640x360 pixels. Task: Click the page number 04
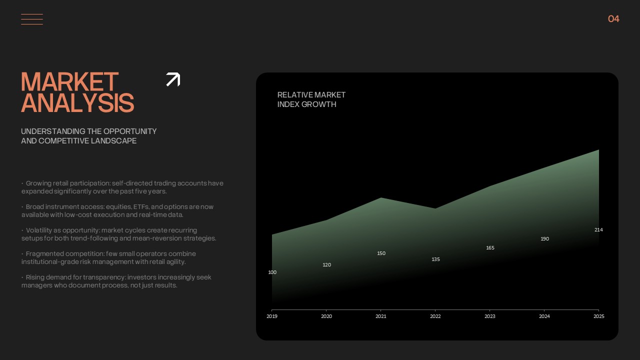[613, 19]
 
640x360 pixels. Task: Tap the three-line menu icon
[32, 19]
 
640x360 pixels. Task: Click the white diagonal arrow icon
[173, 79]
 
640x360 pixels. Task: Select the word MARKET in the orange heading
[69, 81]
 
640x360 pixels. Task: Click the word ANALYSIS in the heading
[77, 102]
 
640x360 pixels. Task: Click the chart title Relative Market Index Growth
[311, 99]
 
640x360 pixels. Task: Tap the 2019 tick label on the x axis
[272, 316]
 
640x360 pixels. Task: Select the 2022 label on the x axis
[435, 316]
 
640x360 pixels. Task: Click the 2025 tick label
[599, 316]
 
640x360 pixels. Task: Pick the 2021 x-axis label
[381, 316]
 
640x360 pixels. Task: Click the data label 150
[381, 253]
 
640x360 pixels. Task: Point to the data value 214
[598, 229]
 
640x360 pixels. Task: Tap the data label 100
[272, 272]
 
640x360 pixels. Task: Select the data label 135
[435, 259]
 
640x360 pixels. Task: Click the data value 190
[545, 239]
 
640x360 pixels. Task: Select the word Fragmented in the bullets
[44, 253]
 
